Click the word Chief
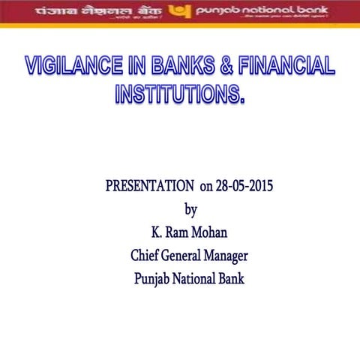[147, 256]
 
